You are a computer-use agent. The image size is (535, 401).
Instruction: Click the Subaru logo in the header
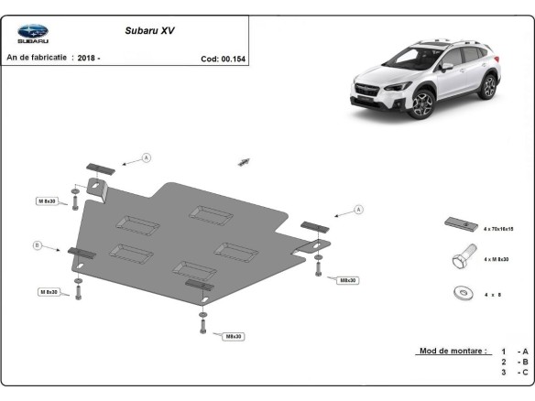pyautogui.click(x=33, y=33)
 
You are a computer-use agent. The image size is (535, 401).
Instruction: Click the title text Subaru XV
pyautogui.click(x=149, y=29)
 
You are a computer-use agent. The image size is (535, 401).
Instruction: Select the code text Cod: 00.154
pyautogui.click(x=223, y=59)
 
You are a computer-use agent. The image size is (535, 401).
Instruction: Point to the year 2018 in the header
pyautogui.click(x=88, y=58)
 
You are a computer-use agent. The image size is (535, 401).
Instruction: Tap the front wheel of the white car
pyautogui.click(x=422, y=105)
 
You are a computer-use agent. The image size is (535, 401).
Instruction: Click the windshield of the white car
pyautogui.click(x=416, y=63)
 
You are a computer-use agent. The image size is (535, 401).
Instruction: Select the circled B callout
pyautogui.click(x=38, y=245)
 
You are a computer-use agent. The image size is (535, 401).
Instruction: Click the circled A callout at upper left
pyautogui.click(x=145, y=158)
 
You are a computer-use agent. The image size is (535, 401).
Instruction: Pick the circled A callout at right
pyautogui.click(x=359, y=210)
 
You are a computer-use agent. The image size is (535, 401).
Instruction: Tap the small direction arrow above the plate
pyautogui.click(x=244, y=161)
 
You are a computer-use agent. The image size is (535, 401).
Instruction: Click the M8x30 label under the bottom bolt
pyautogui.click(x=234, y=336)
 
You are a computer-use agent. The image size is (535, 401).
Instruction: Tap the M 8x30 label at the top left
pyautogui.click(x=48, y=200)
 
